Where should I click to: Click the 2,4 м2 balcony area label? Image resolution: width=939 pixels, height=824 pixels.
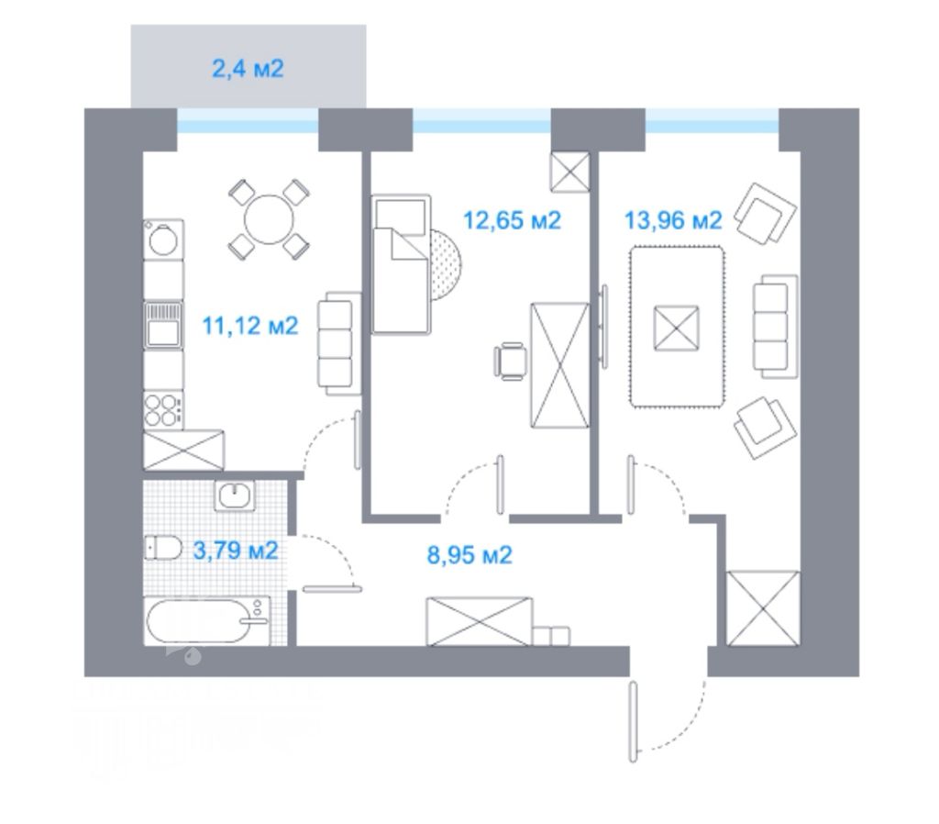[248, 69]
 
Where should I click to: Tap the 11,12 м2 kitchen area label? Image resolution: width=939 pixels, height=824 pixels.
[250, 326]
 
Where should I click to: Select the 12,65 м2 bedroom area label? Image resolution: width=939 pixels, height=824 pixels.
[512, 221]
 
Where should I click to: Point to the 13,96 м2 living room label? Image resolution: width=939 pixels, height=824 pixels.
[673, 221]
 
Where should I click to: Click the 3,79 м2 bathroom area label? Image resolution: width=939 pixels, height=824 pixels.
[236, 551]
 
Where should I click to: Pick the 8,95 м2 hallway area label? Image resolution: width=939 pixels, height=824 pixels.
[469, 554]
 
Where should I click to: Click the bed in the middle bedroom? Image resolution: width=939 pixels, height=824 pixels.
[401, 265]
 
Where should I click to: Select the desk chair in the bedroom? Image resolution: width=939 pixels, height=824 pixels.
[511, 359]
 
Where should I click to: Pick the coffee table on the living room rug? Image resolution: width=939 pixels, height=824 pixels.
[676, 327]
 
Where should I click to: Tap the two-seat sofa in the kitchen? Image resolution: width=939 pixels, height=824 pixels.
[337, 344]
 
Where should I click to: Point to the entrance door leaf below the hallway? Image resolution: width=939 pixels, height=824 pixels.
[633, 721]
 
